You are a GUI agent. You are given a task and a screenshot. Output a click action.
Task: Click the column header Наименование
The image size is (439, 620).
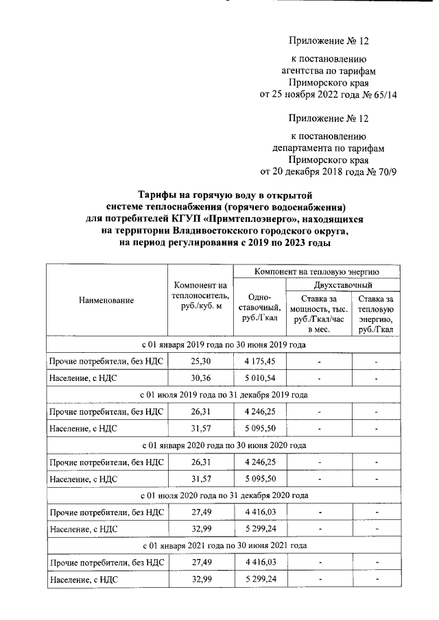coord(106,299)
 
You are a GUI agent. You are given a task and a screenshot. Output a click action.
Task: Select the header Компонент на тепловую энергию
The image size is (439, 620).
coord(316,271)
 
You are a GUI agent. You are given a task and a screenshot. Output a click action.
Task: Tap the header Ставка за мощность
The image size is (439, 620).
coord(319,314)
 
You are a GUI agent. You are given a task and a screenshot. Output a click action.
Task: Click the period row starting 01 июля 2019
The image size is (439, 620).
coord(224,395)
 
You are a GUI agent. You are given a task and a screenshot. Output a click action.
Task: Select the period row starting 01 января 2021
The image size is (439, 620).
coord(224,545)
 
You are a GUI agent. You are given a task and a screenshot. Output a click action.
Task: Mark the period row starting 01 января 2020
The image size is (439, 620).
coord(224,445)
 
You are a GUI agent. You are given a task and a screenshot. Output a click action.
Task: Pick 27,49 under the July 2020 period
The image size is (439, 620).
coord(200,512)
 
